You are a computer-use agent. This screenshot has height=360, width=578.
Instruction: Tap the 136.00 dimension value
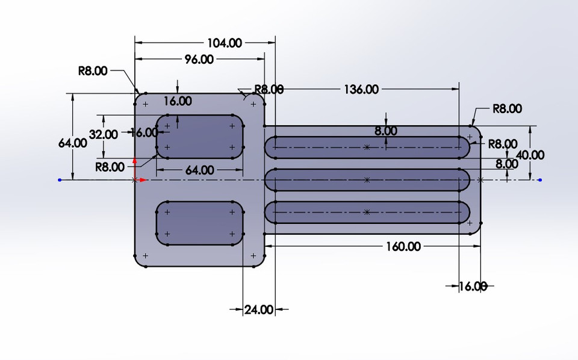(x=361, y=89)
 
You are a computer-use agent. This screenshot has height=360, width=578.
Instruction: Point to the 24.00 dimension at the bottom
(x=259, y=310)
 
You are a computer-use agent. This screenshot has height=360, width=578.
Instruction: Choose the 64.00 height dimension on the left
(x=73, y=143)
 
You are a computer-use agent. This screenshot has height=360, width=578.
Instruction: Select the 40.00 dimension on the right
(x=530, y=155)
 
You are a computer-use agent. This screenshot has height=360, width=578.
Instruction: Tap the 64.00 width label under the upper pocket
(x=200, y=170)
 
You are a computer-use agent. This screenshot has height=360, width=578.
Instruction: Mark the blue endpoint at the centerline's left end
(x=59, y=179)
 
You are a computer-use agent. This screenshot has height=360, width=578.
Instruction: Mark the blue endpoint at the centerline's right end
(x=540, y=179)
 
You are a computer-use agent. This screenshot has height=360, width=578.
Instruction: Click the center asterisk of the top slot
(x=367, y=147)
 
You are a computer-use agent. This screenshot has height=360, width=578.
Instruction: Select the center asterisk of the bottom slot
(x=367, y=212)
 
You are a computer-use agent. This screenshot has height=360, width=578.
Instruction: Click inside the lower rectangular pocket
(x=200, y=223)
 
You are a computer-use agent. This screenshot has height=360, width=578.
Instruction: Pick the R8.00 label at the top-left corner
(x=93, y=70)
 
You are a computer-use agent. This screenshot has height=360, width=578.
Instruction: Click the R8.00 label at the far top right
(x=507, y=109)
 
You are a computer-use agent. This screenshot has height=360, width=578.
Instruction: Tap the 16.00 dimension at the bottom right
(x=472, y=287)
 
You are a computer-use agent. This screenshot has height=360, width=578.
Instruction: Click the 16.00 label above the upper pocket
(x=177, y=101)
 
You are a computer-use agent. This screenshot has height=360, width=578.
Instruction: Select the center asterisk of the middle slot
(x=367, y=179)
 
